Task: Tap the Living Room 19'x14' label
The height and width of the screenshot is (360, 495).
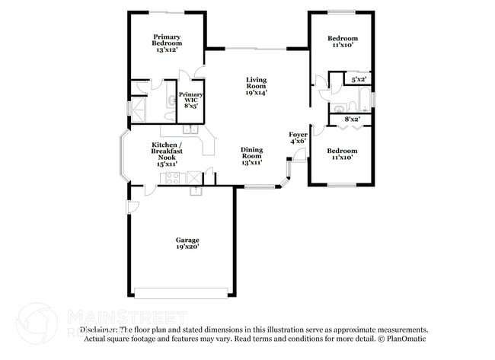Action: pos(256,87)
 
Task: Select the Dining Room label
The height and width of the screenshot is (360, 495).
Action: pos(252,156)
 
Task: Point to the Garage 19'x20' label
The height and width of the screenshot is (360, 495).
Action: pos(187,244)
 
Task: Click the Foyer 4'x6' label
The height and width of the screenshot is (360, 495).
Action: pos(298,138)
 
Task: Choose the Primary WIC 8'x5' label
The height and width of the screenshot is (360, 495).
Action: pos(190,101)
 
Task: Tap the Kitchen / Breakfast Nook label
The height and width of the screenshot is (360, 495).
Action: pos(166,154)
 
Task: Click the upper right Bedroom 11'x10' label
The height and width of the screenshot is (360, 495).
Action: pos(343,42)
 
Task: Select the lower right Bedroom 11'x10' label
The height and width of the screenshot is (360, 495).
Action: pos(343,154)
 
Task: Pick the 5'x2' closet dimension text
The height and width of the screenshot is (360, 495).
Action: pos(359,78)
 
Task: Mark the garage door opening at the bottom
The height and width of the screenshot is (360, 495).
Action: pos(180,292)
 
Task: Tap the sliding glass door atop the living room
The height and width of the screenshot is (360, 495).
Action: pos(256,49)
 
